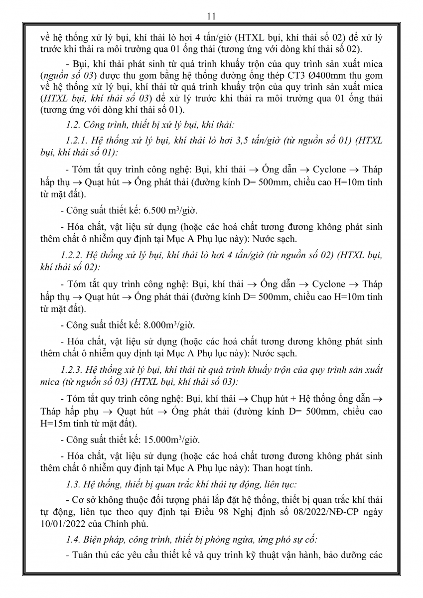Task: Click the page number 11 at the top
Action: [x=211, y=16]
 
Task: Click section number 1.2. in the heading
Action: [x=75, y=123]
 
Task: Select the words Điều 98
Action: [x=226, y=512]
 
